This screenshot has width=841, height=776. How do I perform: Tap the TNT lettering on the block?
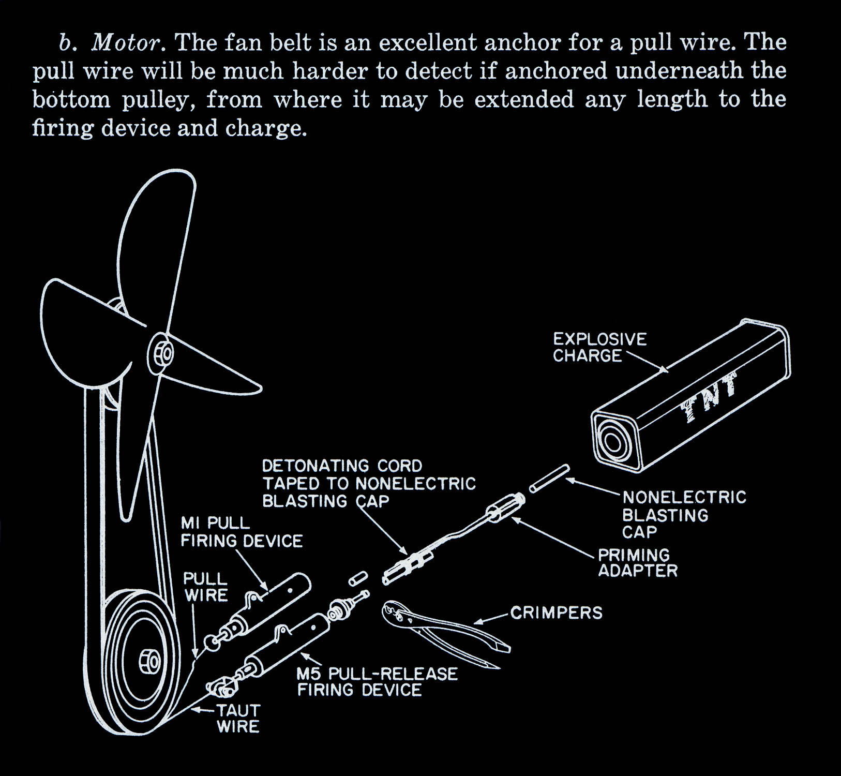[x=709, y=398]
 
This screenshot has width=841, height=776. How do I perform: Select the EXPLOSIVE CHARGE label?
[x=599, y=348]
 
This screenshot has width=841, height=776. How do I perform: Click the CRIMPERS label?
[x=557, y=613]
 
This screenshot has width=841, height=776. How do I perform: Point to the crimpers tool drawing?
[x=440, y=631]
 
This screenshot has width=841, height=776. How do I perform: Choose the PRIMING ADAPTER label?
[x=637, y=563]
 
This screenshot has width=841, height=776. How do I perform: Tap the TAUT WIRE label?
[x=237, y=718]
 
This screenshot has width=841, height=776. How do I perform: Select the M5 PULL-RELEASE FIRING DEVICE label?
[x=377, y=682]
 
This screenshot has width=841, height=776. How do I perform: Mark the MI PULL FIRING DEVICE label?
[x=241, y=532]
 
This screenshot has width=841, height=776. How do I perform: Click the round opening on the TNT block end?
[x=612, y=442]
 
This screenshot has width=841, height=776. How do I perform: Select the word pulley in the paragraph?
[x=158, y=100]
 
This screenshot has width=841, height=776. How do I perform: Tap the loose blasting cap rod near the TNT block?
[x=549, y=479]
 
